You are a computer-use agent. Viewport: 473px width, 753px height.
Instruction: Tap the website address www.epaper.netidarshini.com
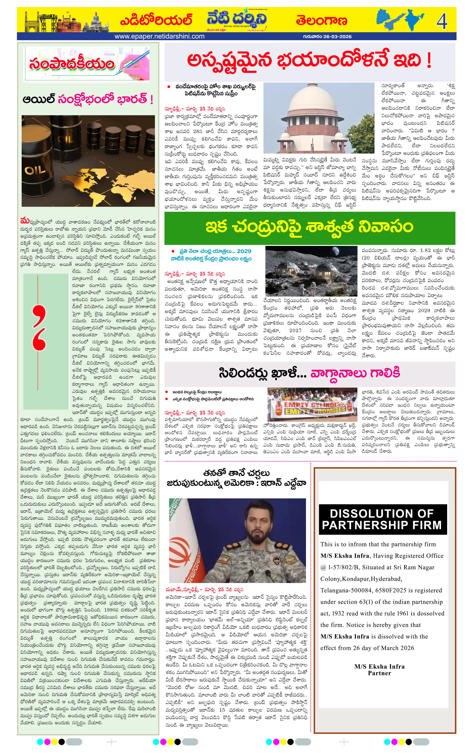tap(159, 36)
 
